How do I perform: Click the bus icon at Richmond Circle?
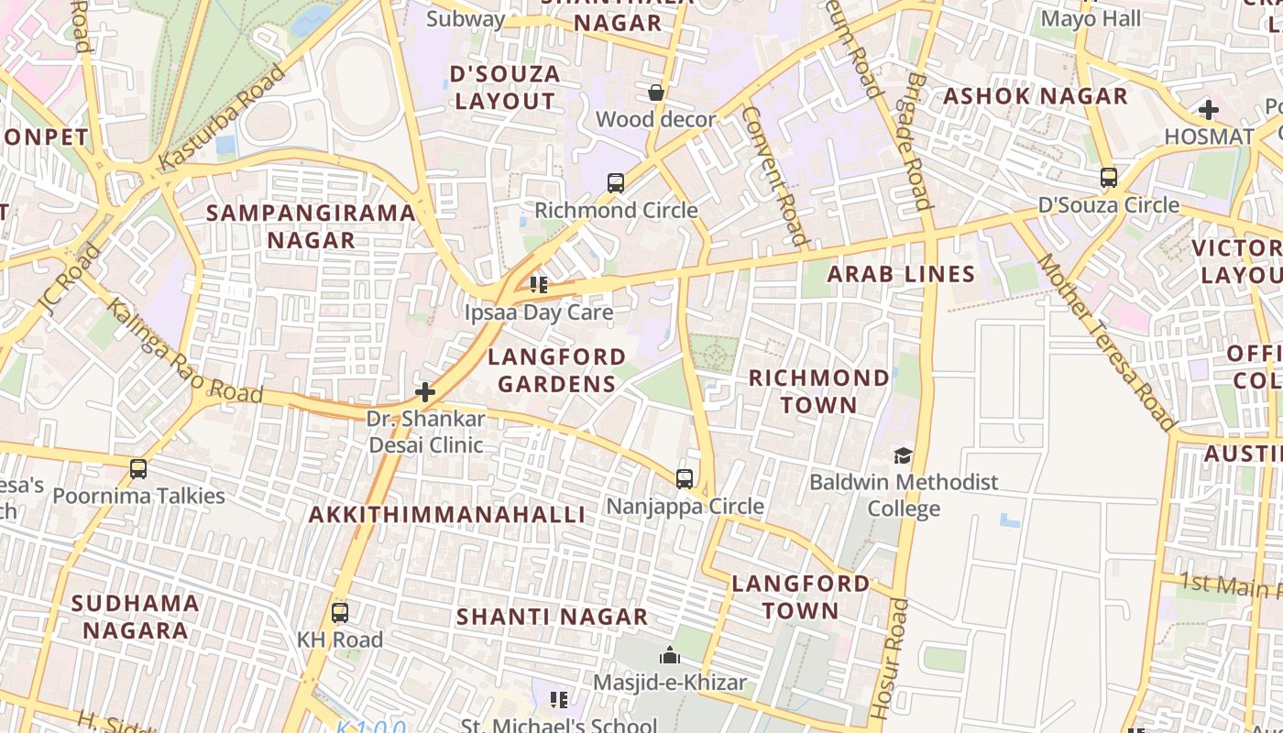click(616, 183)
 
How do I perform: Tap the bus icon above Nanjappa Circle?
click(685, 479)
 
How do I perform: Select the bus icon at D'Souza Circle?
click(1109, 178)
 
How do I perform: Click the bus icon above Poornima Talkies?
click(138, 469)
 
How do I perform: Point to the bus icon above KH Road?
click(340, 613)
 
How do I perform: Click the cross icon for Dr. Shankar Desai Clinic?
click(425, 393)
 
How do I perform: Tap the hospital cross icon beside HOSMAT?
click(1209, 111)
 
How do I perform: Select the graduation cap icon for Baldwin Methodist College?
click(904, 455)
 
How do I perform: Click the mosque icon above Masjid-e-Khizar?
click(670, 656)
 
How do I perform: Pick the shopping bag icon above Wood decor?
click(656, 93)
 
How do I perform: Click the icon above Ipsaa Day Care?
click(539, 285)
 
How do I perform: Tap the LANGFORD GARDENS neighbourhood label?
click(557, 370)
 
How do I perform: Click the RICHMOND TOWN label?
click(818, 391)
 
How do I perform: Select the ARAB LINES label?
click(902, 274)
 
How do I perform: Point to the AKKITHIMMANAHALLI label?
click(446, 515)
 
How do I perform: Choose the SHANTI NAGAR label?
click(553, 617)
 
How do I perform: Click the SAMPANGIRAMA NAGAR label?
click(311, 226)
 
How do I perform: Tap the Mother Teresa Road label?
click(1105, 343)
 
